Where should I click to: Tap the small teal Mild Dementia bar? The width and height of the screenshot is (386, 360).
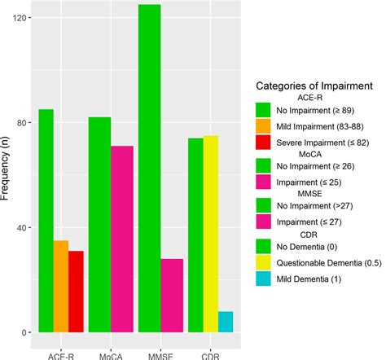tap(226, 322)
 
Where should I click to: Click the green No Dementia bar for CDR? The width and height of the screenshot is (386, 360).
tap(195, 235)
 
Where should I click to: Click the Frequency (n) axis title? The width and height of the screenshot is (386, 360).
tap(7, 174)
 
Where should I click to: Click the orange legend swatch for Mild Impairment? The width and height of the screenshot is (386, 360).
tap(262, 125)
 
